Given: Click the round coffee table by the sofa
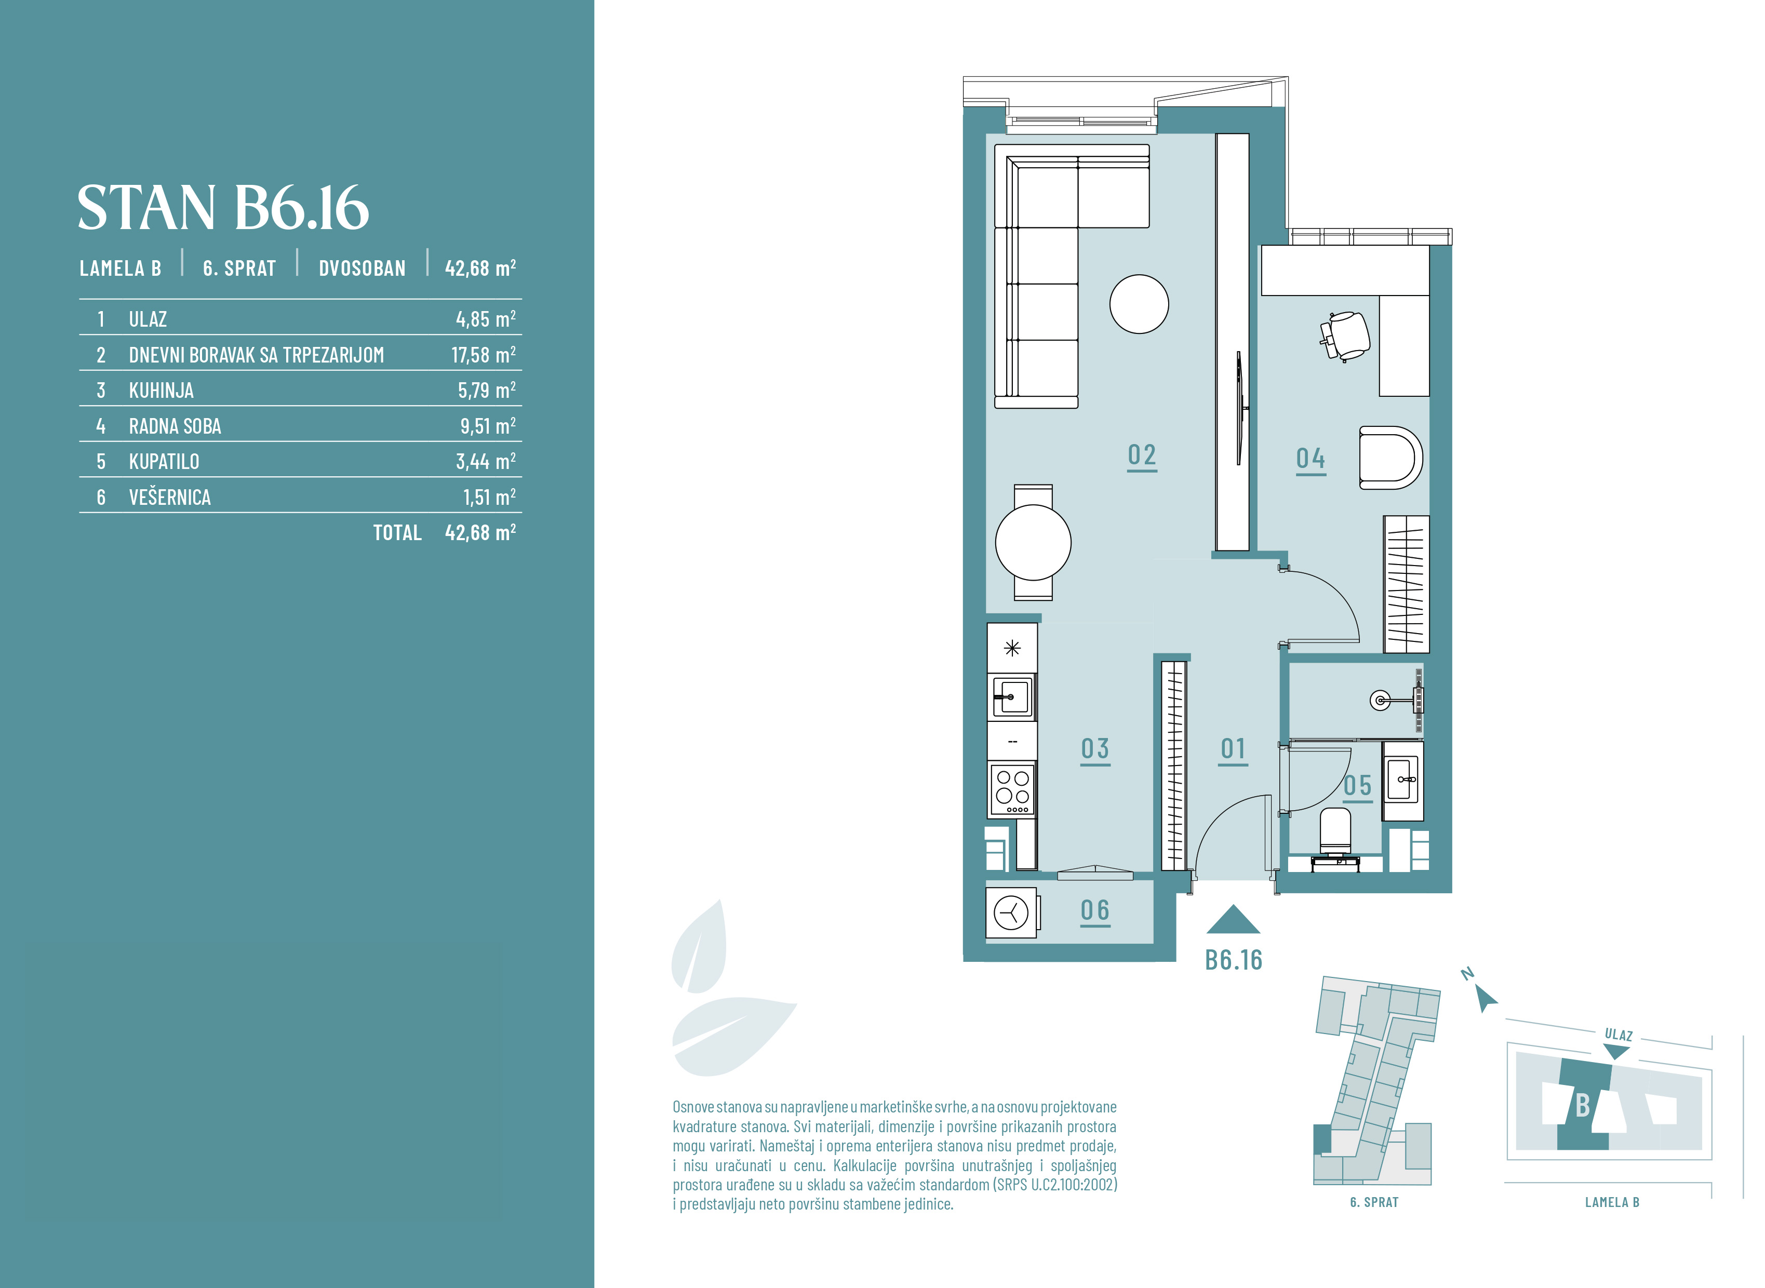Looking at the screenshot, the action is [x=1139, y=304].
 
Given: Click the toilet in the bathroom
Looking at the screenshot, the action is [x=1335, y=834].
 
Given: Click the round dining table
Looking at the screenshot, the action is [x=1033, y=543].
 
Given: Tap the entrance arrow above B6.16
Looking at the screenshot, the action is [x=1233, y=919].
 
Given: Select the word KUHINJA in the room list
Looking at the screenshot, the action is [x=162, y=391].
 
